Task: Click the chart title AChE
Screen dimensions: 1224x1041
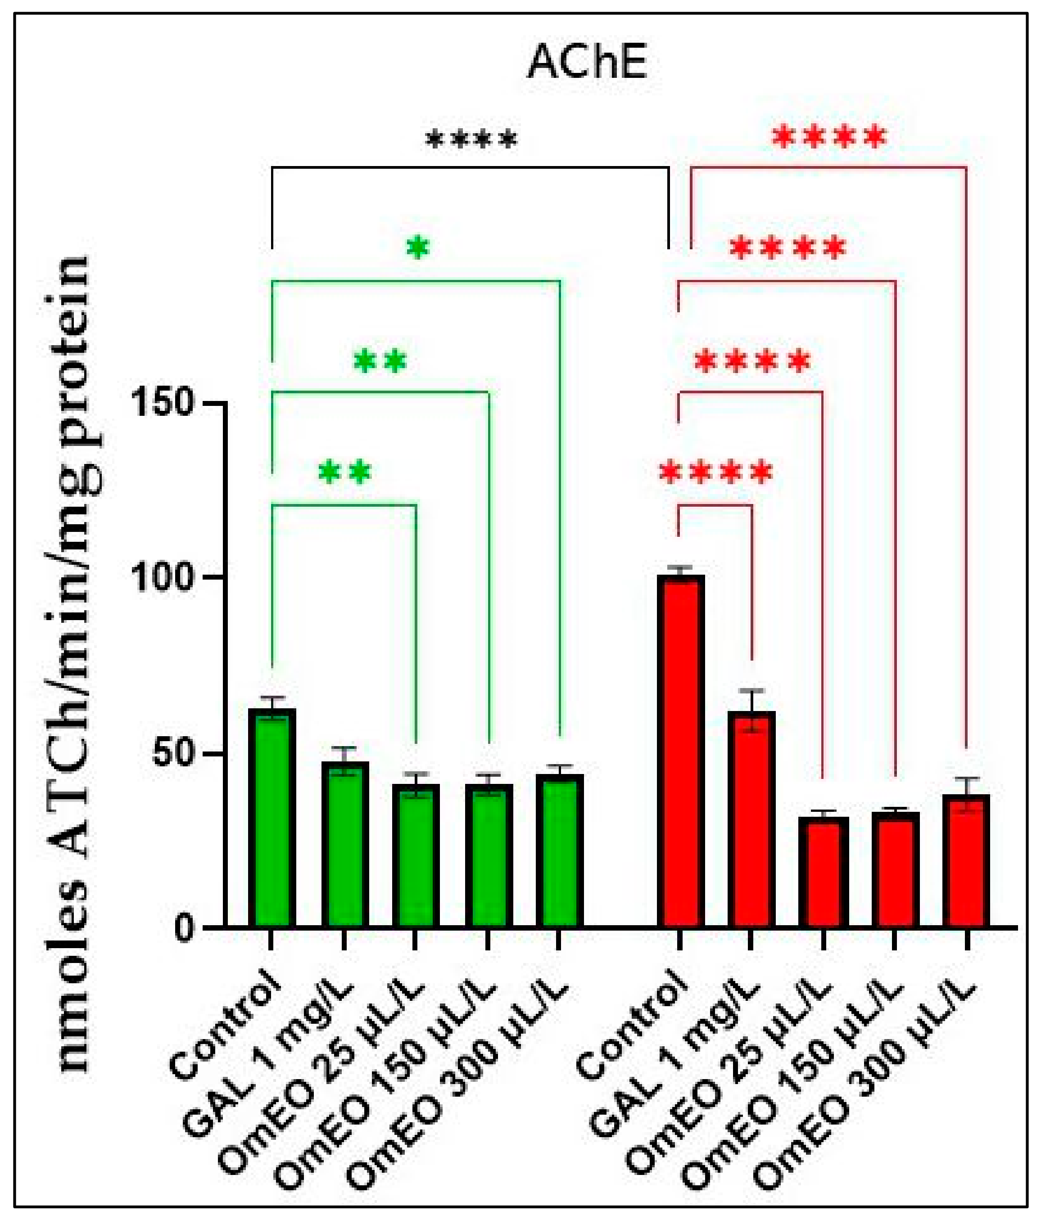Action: point(587,63)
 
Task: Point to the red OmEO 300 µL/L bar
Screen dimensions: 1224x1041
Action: point(966,861)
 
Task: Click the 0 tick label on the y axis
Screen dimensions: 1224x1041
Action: point(185,929)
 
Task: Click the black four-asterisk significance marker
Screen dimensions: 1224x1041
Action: point(471,140)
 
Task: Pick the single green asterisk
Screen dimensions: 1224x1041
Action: point(418,248)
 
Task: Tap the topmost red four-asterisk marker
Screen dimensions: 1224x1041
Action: point(829,137)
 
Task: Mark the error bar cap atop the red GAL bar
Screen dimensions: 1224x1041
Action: point(751,690)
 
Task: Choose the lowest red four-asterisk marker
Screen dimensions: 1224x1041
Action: point(715,472)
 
